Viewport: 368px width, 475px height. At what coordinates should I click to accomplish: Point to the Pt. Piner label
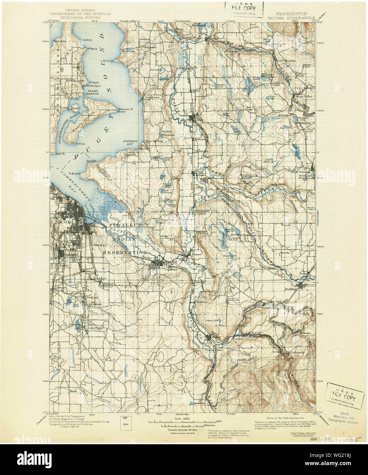click(x=81, y=144)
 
